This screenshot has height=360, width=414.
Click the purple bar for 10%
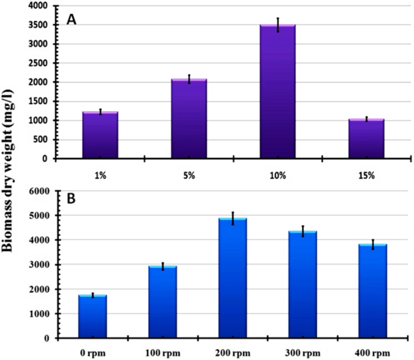click(277, 91)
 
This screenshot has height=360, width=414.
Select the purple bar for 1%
click(100, 135)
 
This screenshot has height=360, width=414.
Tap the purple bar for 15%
click(366, 139)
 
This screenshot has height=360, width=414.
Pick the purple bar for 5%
click(189, 119)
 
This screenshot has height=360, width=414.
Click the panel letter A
click(72, 19)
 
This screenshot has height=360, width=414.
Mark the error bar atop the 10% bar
click(277, 25)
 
